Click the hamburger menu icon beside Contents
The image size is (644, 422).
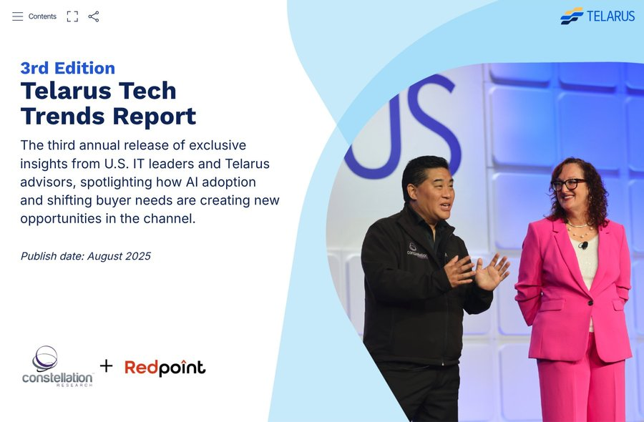tap(18, 16)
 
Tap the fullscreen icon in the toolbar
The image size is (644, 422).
tap(72, 16)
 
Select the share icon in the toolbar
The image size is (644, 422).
tap(94, 16)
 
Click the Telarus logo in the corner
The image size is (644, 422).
tap(597, 16)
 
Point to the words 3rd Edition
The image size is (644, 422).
tap(68, 68)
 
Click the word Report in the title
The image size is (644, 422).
tap(155, 116)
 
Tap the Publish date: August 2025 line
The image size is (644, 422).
tap(85, 256)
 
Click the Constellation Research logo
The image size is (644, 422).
tap(57, 366)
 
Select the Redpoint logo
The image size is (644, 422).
tap(165, 368)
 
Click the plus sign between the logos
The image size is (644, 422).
tap(106, 365)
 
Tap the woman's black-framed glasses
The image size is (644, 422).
tap(568, 184)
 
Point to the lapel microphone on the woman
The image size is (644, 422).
tap(583, 245)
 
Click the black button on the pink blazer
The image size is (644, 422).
tap(590, 303)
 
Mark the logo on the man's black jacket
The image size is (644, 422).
tap(416, 250)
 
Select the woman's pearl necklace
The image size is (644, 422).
tap(580, 230)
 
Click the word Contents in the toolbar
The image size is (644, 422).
tap(42, 16)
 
